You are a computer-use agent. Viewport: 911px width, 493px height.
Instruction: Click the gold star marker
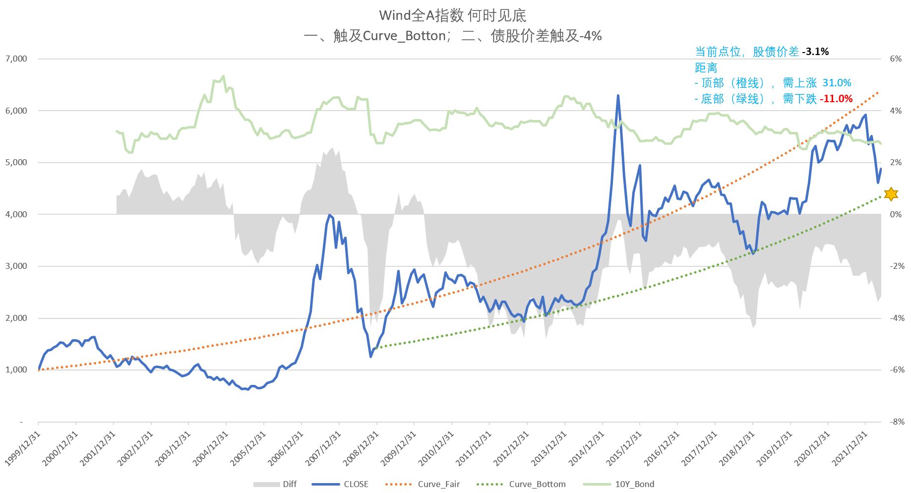pos(891,194)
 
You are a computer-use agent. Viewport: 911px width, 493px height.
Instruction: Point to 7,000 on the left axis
pos(16,59)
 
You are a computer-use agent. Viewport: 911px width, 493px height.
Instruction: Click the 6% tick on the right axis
pos(896,59)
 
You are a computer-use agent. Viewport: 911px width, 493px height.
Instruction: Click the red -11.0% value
pos(836,99)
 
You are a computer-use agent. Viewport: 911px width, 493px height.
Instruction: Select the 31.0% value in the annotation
pos(837,83)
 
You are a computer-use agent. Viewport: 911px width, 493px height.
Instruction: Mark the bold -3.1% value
pos(816,52)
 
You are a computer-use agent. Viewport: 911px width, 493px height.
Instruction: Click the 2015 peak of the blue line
pos(618,96)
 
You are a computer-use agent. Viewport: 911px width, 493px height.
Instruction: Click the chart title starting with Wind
pos(452,15)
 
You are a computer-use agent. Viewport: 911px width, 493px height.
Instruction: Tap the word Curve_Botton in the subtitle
pos(404,36)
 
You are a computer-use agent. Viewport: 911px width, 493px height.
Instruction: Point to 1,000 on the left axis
pos(16,370)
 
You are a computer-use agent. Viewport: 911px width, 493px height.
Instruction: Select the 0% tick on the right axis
pos(896,214)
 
